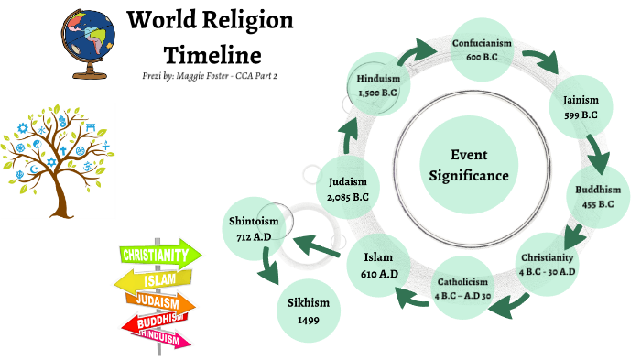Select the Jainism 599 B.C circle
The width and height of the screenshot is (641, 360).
576,107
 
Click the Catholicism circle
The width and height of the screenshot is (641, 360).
463,288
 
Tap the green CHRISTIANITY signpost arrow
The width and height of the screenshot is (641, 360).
160,254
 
